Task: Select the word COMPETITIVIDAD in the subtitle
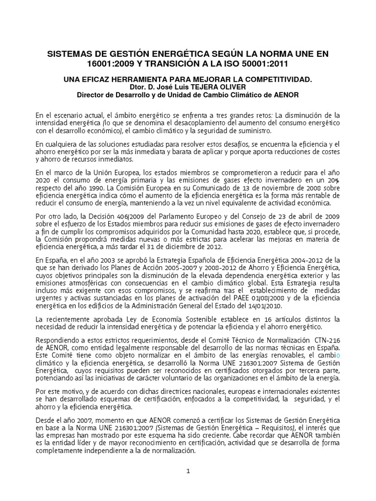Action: point(277,79)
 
